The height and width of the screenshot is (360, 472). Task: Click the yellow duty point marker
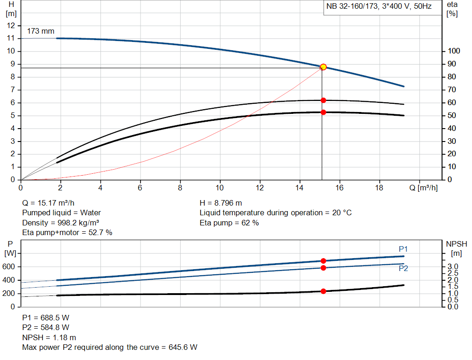coord(323,67)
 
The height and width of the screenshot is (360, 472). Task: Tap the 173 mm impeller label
coord(41,31)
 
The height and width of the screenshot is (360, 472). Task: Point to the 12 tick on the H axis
coord(12,25)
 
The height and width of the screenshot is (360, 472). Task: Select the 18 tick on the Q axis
coord(379,188)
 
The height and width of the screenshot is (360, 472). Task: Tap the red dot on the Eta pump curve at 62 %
coord(323,100)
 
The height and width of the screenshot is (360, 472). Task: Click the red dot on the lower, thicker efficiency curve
coord(323,112)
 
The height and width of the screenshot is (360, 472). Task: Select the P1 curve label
coord(403,249)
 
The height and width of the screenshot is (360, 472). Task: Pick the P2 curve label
coord(403,269)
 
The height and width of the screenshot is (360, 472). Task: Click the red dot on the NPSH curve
coord(323,291)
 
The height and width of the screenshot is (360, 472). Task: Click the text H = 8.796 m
coord(221,203)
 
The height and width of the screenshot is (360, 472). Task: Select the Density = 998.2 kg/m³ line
coord(61,223)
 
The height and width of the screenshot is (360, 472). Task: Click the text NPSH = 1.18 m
coord(49,337)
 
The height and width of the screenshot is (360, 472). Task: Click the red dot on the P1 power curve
coord(323,261)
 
